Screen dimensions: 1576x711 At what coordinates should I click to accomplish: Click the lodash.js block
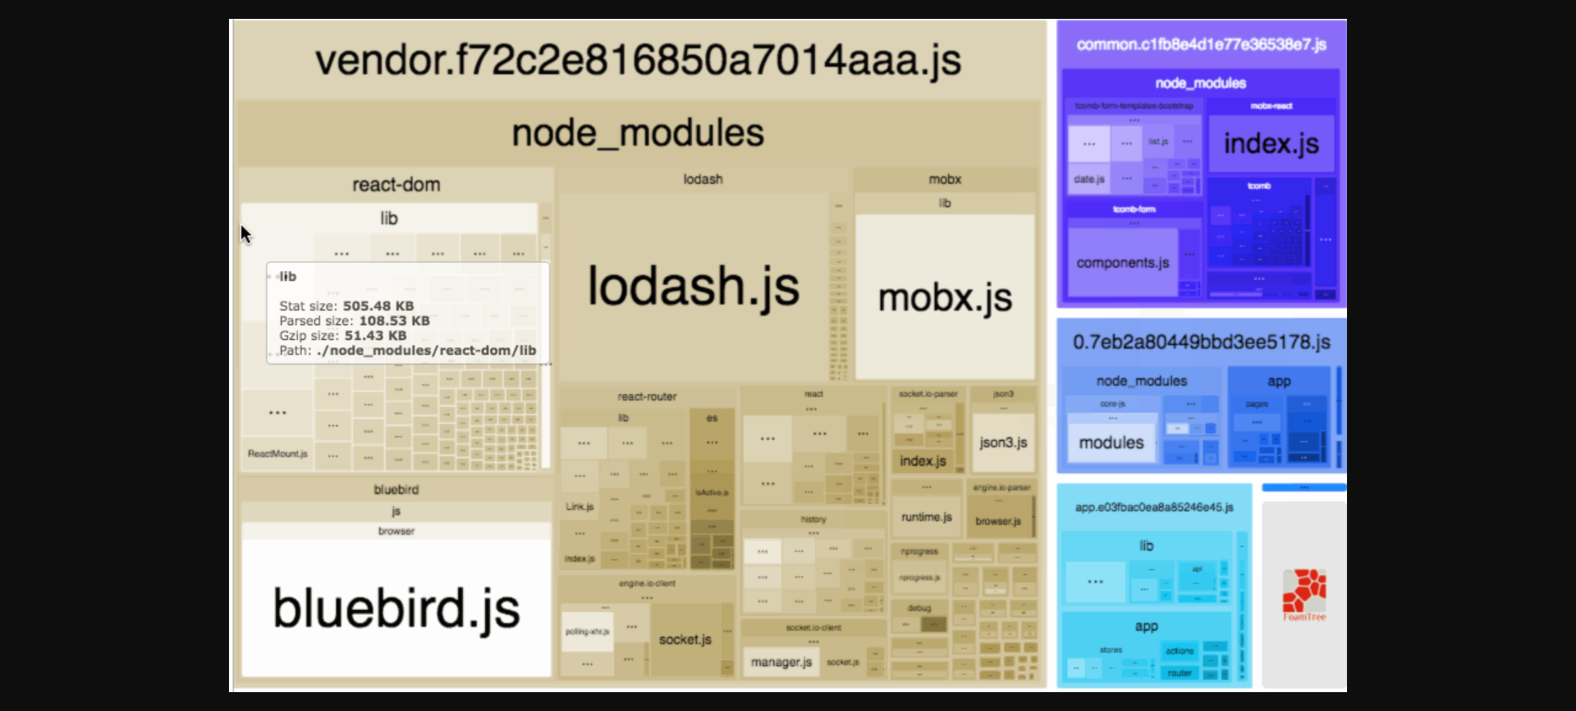click(694, 287)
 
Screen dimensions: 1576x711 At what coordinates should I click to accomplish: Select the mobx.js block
click(945, 297)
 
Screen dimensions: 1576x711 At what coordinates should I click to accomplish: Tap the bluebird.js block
click(396, 608)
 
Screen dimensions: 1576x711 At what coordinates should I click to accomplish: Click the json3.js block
click(1003, 443)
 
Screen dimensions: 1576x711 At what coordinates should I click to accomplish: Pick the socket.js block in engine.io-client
click(685, 640)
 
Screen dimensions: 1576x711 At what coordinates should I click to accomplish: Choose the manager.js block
click(781, 662)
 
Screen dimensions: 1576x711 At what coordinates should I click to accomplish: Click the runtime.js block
click(926, 517)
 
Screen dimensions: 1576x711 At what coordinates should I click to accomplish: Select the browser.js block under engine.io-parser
click(998, 521)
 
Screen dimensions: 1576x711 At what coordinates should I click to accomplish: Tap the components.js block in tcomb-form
click(1122, 263)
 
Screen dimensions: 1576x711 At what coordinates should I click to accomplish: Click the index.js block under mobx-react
click(1271, 144)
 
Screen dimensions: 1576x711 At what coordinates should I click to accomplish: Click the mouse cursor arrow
click(245, 234)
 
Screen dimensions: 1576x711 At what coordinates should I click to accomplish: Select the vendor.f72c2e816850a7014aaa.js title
click(638, 60)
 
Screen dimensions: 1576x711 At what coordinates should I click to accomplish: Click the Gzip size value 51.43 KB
click(375, 336)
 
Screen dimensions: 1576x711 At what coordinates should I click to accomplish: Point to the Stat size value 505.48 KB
click(378, 306)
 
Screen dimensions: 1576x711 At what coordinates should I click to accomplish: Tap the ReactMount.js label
click(277, 454)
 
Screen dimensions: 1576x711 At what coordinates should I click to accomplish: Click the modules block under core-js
click(1111, 443)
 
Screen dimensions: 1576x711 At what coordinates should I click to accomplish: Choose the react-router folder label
click(647, 397)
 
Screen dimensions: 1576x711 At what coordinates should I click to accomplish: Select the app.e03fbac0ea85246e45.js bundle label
click(1154, 507)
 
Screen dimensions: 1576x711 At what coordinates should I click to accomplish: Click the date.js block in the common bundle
click(1089, 179)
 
